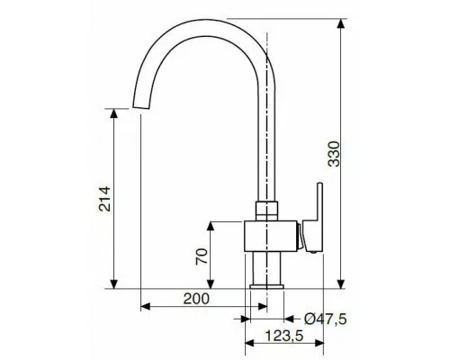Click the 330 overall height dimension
[x=334, y=154]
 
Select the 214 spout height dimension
[x=105, y=199]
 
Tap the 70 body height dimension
[x=202, y=256]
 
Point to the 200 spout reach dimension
[x=196, y=299]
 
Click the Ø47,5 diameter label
[x=325, y=319]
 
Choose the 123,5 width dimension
[x=284, y=336]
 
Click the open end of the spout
[x=140, y=107]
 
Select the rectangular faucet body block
[x=271, y=236]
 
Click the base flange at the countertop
[x=266, y=286]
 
